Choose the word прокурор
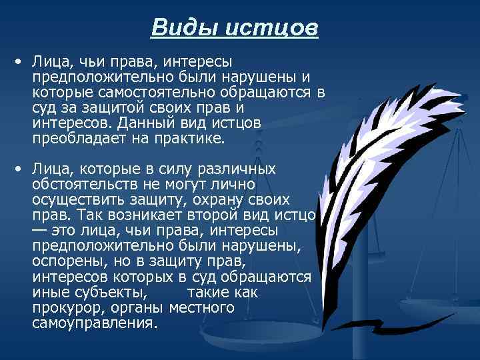64,307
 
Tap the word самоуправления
95,323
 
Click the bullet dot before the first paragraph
20,61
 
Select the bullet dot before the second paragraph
20,169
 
